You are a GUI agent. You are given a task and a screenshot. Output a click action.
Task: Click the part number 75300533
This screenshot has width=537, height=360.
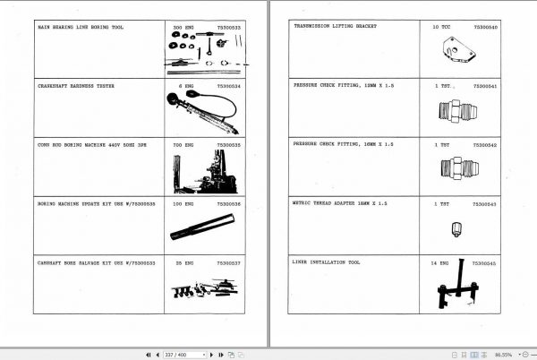point(229,29)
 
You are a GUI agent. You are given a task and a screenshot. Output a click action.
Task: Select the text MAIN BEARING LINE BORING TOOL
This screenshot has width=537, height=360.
point(81,28)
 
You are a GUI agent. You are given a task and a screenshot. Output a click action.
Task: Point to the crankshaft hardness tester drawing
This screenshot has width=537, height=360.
point(200,109)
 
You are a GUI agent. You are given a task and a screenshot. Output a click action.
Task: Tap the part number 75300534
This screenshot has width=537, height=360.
point(229,87)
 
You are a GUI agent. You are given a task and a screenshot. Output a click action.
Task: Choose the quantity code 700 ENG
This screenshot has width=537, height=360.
point(183,144)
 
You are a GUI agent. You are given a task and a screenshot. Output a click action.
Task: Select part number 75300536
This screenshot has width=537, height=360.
point(229,204)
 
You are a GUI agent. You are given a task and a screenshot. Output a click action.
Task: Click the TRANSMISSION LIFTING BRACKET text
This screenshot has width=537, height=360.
point(335,27)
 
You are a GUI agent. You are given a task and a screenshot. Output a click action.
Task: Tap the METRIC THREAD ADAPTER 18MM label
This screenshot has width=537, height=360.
point(340,203)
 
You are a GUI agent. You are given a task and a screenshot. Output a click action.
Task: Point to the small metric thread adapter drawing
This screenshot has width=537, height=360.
point(456,230)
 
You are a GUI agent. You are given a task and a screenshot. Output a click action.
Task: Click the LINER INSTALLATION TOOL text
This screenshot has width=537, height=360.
point(326,263)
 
